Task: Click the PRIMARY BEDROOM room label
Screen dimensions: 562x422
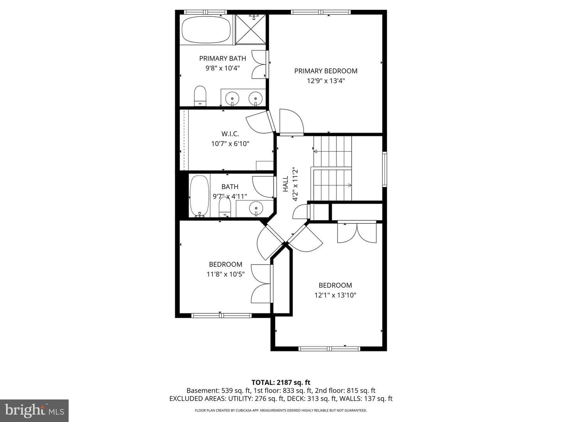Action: (325, 71)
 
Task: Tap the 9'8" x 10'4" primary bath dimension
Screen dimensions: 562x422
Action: (222, 68)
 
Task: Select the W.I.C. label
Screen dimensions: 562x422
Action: (230, 134)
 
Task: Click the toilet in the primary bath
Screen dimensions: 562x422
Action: (200, 96)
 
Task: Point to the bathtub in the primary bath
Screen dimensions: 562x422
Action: (206, 30)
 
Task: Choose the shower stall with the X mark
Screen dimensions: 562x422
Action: (251, 29)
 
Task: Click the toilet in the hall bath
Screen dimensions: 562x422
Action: (225, 207)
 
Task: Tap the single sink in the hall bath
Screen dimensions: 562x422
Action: (256, 208)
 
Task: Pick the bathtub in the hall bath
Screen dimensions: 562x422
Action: (199, 196)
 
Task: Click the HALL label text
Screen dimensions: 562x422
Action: (285, 184)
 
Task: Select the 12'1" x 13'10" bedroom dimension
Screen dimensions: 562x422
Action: (335, 295)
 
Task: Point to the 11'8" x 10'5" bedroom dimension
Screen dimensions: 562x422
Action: (225, 274)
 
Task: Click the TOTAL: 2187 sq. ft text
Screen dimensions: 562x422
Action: (281, 383)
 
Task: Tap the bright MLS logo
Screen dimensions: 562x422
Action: (34, 410)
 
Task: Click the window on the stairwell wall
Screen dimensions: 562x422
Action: (384, 169)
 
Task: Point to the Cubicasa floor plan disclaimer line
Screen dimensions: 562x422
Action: (281, 410)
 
